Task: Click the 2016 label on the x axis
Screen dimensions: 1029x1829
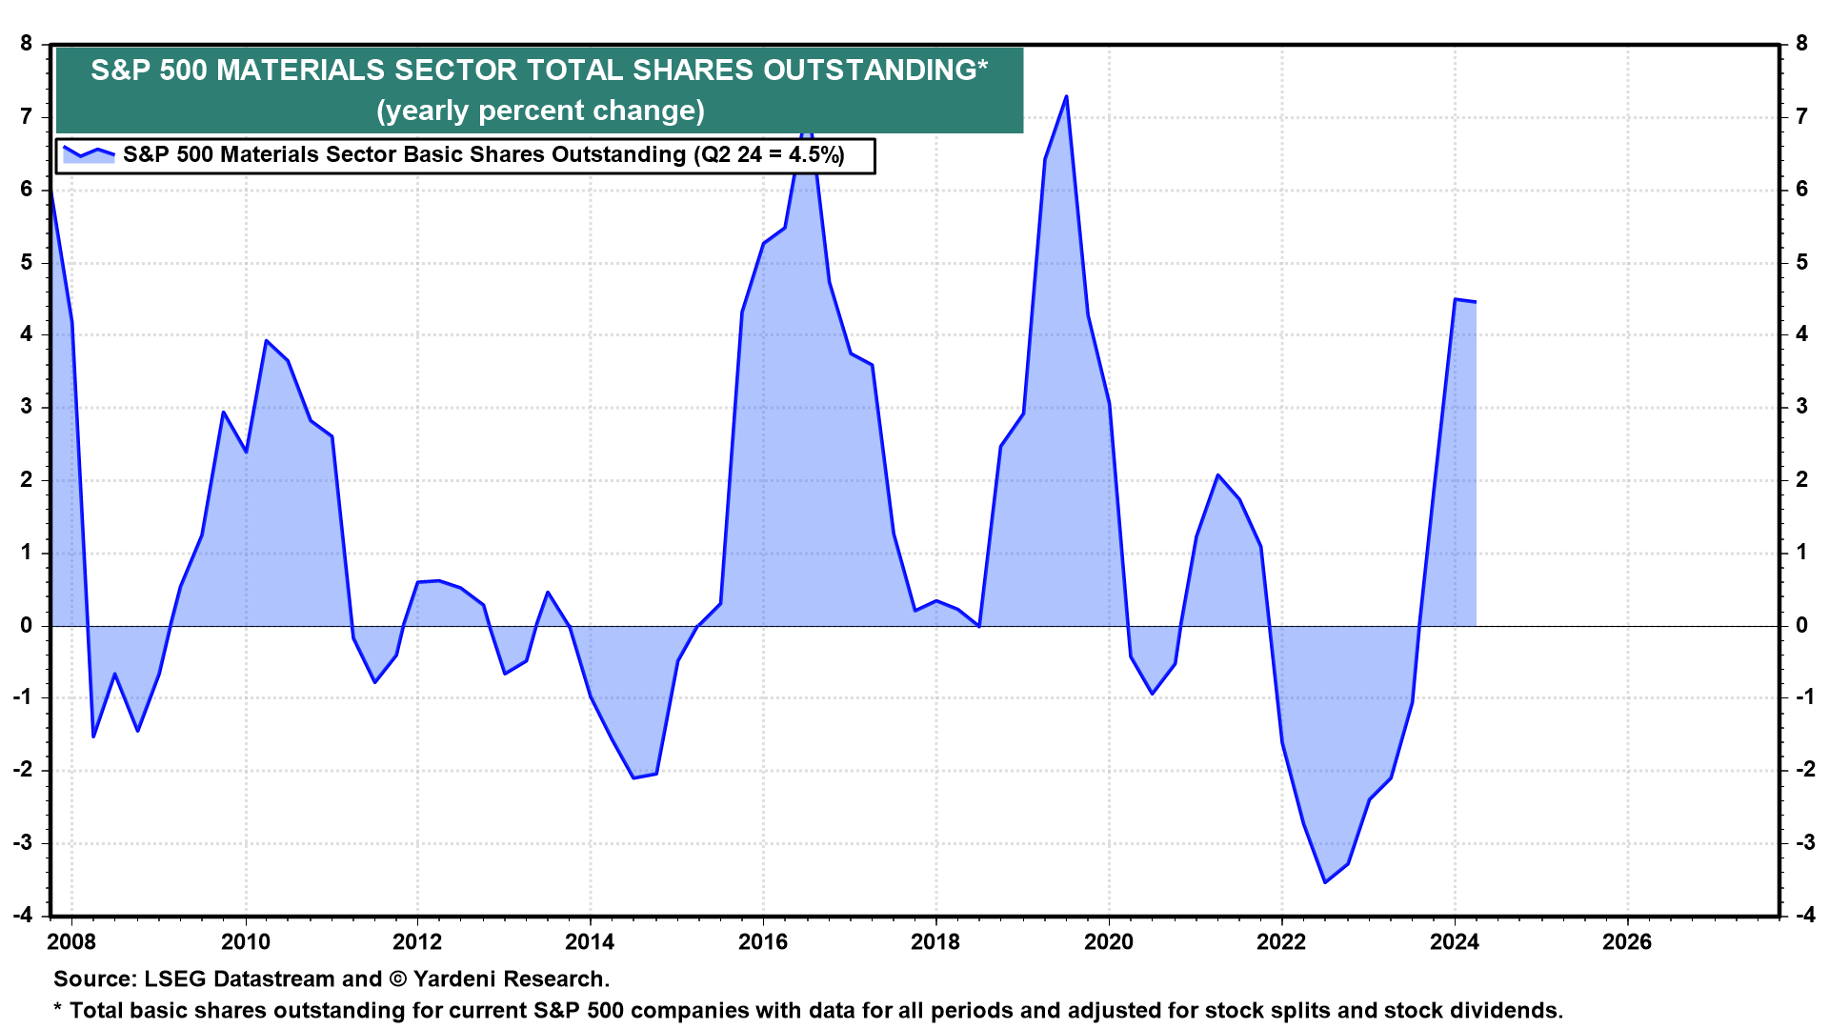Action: pyautogui.click(x=763, y=942)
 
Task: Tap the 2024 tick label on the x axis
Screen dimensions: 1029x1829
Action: pyautogui.click(x=1454, y=942)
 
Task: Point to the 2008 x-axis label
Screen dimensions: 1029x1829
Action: pyautogui.click(x=71, y=942)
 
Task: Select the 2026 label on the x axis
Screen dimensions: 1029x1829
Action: pyautogui.click(x=1627, y=942)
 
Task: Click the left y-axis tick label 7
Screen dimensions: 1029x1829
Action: pyautogui.click(x=26, y=117)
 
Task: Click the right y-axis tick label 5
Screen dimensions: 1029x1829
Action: pyautogui.click(x=1801, y=262)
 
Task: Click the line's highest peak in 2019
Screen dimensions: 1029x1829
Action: pyautogui.click(x=1066, y=96)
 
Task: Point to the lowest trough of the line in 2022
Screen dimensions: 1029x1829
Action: pyautogui.click(x=1325, y=882)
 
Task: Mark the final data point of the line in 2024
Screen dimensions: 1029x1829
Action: pyautogui.click(x=1476, y=302)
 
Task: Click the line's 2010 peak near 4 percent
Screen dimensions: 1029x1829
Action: pyautogui.click(x=266, y=340)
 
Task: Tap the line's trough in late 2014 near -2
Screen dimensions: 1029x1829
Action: pyautogui.click(x=633, y=777)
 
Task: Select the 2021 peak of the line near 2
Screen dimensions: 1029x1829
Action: pyautogui.click(x=1217, y=474)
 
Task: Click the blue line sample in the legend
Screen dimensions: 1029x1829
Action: pyautogui.click(x=89, y=154)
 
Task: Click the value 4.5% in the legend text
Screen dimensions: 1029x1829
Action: pyautogui.click(x=813, y=154)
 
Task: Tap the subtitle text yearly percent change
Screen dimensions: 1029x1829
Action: pyautogui.click(x=540, y=111)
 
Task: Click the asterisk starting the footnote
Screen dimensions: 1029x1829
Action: pyautogui.click(x=57, y=1008)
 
